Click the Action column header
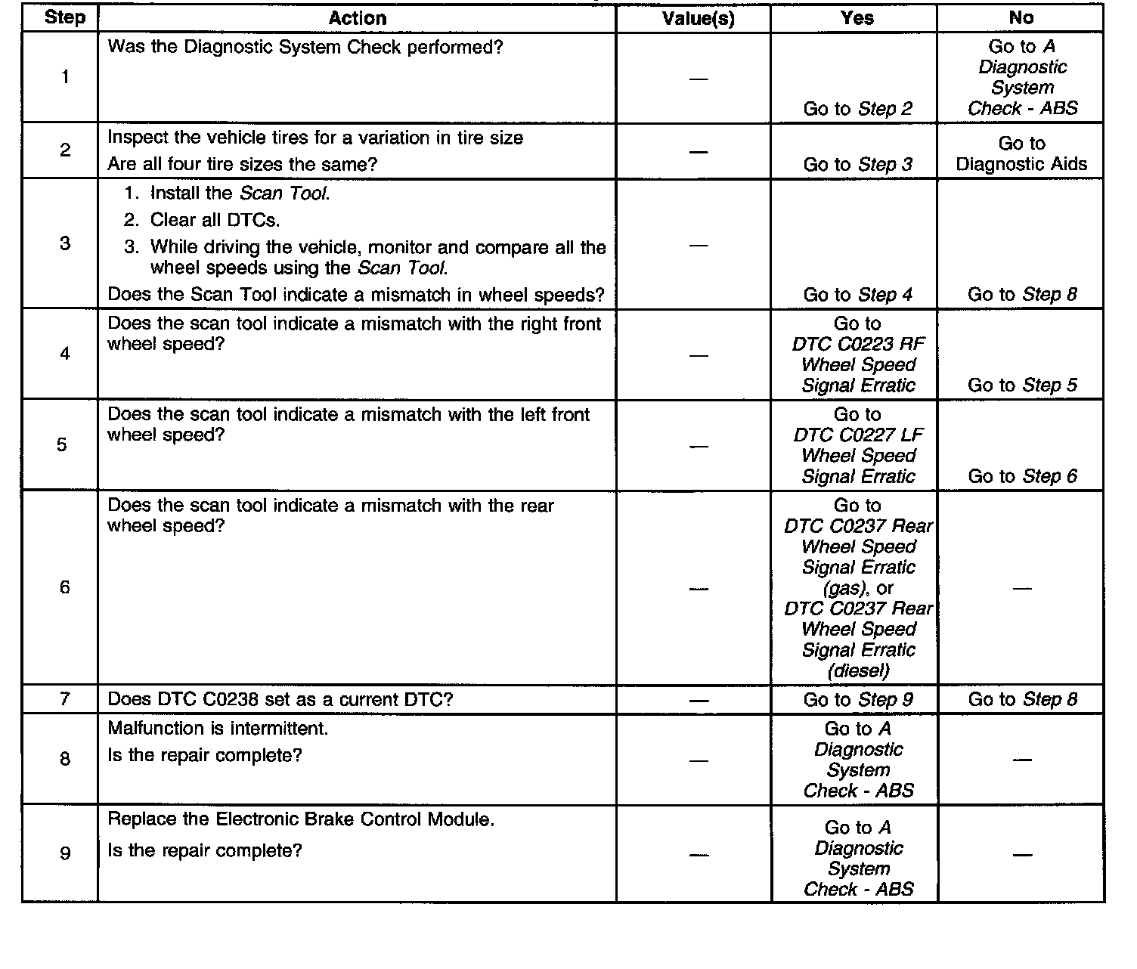click(357, 18)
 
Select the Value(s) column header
click(698, 18)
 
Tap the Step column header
click(65, 17)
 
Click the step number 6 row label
click(65, 587)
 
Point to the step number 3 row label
click(65, 243)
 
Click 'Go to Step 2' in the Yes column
click(857, 109)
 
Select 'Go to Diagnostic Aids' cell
click(1021, 154)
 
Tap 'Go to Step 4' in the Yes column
click(857, 295)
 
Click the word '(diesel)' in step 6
click(858, 670)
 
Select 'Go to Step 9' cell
click(857, 700)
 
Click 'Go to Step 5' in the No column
click(1022, 385)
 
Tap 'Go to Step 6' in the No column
click(1022, 476)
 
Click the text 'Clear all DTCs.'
click(215, 220)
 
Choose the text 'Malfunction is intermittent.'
click(218, 729)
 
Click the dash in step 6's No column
click(1022, 588)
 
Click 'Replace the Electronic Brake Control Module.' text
click(301, 819)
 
